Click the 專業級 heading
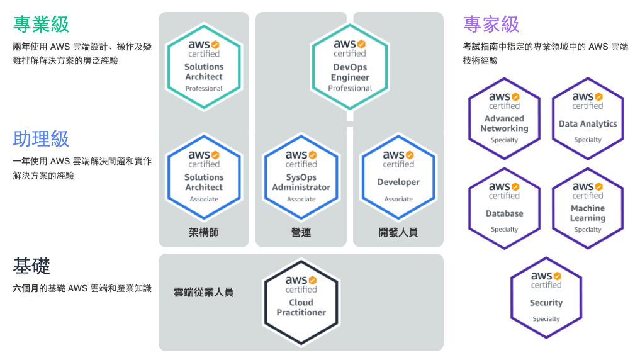point(41,25)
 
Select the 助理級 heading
point(41,139)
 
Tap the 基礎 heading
point(31,266)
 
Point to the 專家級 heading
point(491,25)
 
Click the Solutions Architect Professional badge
point(204,67)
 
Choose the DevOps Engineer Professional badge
point(350,67)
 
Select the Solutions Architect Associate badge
point(204,177)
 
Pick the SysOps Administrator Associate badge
point(301,177)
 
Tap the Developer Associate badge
point(398,177)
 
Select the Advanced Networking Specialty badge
point(504,119)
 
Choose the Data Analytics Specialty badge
point(588,119)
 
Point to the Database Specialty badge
point(504,208)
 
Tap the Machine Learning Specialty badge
point(588,208)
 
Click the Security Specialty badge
point(546,298)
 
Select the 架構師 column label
point(204,233)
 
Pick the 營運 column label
point(301,233)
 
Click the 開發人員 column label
point(398,233)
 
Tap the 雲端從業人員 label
point(203,292)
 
